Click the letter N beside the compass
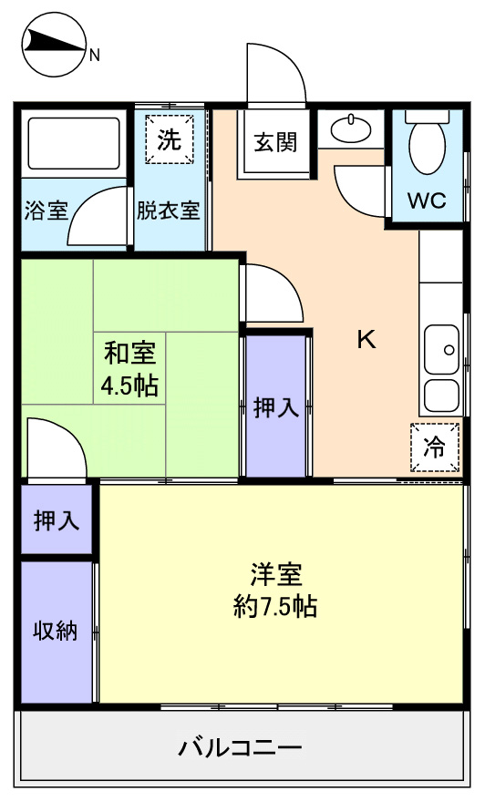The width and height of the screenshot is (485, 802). pyautogui.click(x=94, y=55)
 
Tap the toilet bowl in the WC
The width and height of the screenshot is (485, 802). pyautogui.click(x=428, y=147)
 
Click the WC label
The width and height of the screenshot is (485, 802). pyautogui.click(x=427, y=200)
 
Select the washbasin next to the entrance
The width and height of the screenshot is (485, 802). pyautogui.click(x=351, y=129)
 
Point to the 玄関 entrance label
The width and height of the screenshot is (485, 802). pyautogui.click(x=275, y=142)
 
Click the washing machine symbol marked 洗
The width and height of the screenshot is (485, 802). pyautogui.click(x=170, y=139)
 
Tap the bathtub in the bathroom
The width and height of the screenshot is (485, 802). pyautogui.click(x=74, y=144)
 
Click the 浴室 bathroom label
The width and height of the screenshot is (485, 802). pyautogui.click(x=46, y=211)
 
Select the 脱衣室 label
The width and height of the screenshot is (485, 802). pyautogui.click(x=168, y=211)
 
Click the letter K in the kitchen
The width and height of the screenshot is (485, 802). pyautogui.click(x=366, y=339)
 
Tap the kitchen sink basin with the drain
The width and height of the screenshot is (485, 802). pyautogui.click(x=441, y=350)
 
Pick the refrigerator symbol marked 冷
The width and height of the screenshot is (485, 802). pyautogui.click(x=435, y=447)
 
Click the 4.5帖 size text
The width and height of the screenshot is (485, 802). pyautogui.click(x=129, y=386)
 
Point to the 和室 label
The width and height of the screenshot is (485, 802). pyautogui.click(x=130, y=354)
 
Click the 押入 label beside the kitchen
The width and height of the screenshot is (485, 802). pyautogui.click(x=275, y=407)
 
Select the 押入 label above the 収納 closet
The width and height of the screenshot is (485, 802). pyautogui.click(x=57, y=520)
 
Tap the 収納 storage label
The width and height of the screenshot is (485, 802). pyautogui.click(x=56, y=630)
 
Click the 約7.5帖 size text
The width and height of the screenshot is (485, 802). pyautogui.click(x=275, y=607)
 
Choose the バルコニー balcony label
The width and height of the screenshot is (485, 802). pyautogui.click(x=241, y=748)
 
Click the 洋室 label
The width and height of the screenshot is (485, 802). pyautogui.click(x=276, y=575)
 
